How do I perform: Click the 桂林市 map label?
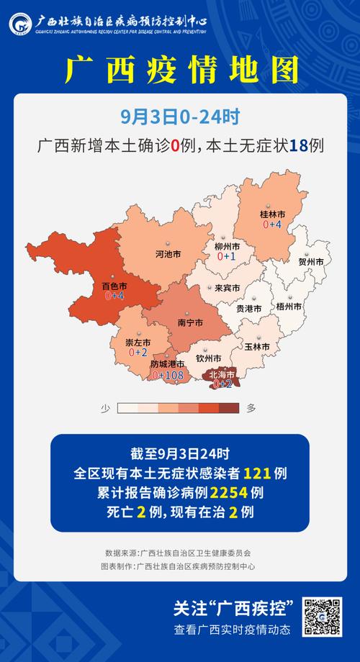[x=272, y=214]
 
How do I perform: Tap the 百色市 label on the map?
[x=114, y=286]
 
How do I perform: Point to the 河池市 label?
[x=168, y=255]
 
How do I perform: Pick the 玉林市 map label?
[x=257, y=347]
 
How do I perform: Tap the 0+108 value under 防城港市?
[x=167, y=375]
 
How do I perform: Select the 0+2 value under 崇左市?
[x=138, y=353]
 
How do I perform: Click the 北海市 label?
[x=222, y=374]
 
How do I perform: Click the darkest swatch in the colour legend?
[x=229, y=408]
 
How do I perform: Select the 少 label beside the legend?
[x=104, y=408]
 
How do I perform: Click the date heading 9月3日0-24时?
[x=179, y=115]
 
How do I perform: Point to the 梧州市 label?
[x=289, y=306]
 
